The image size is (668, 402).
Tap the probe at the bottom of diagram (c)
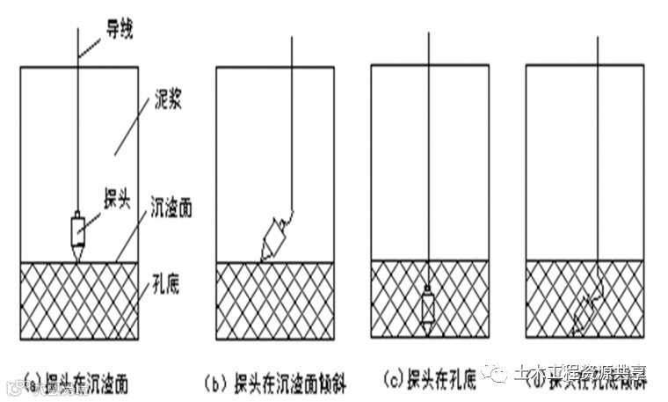pos(428,307)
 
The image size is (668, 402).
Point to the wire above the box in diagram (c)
pos(429,51)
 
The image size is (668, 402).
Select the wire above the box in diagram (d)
pos(598,51)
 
